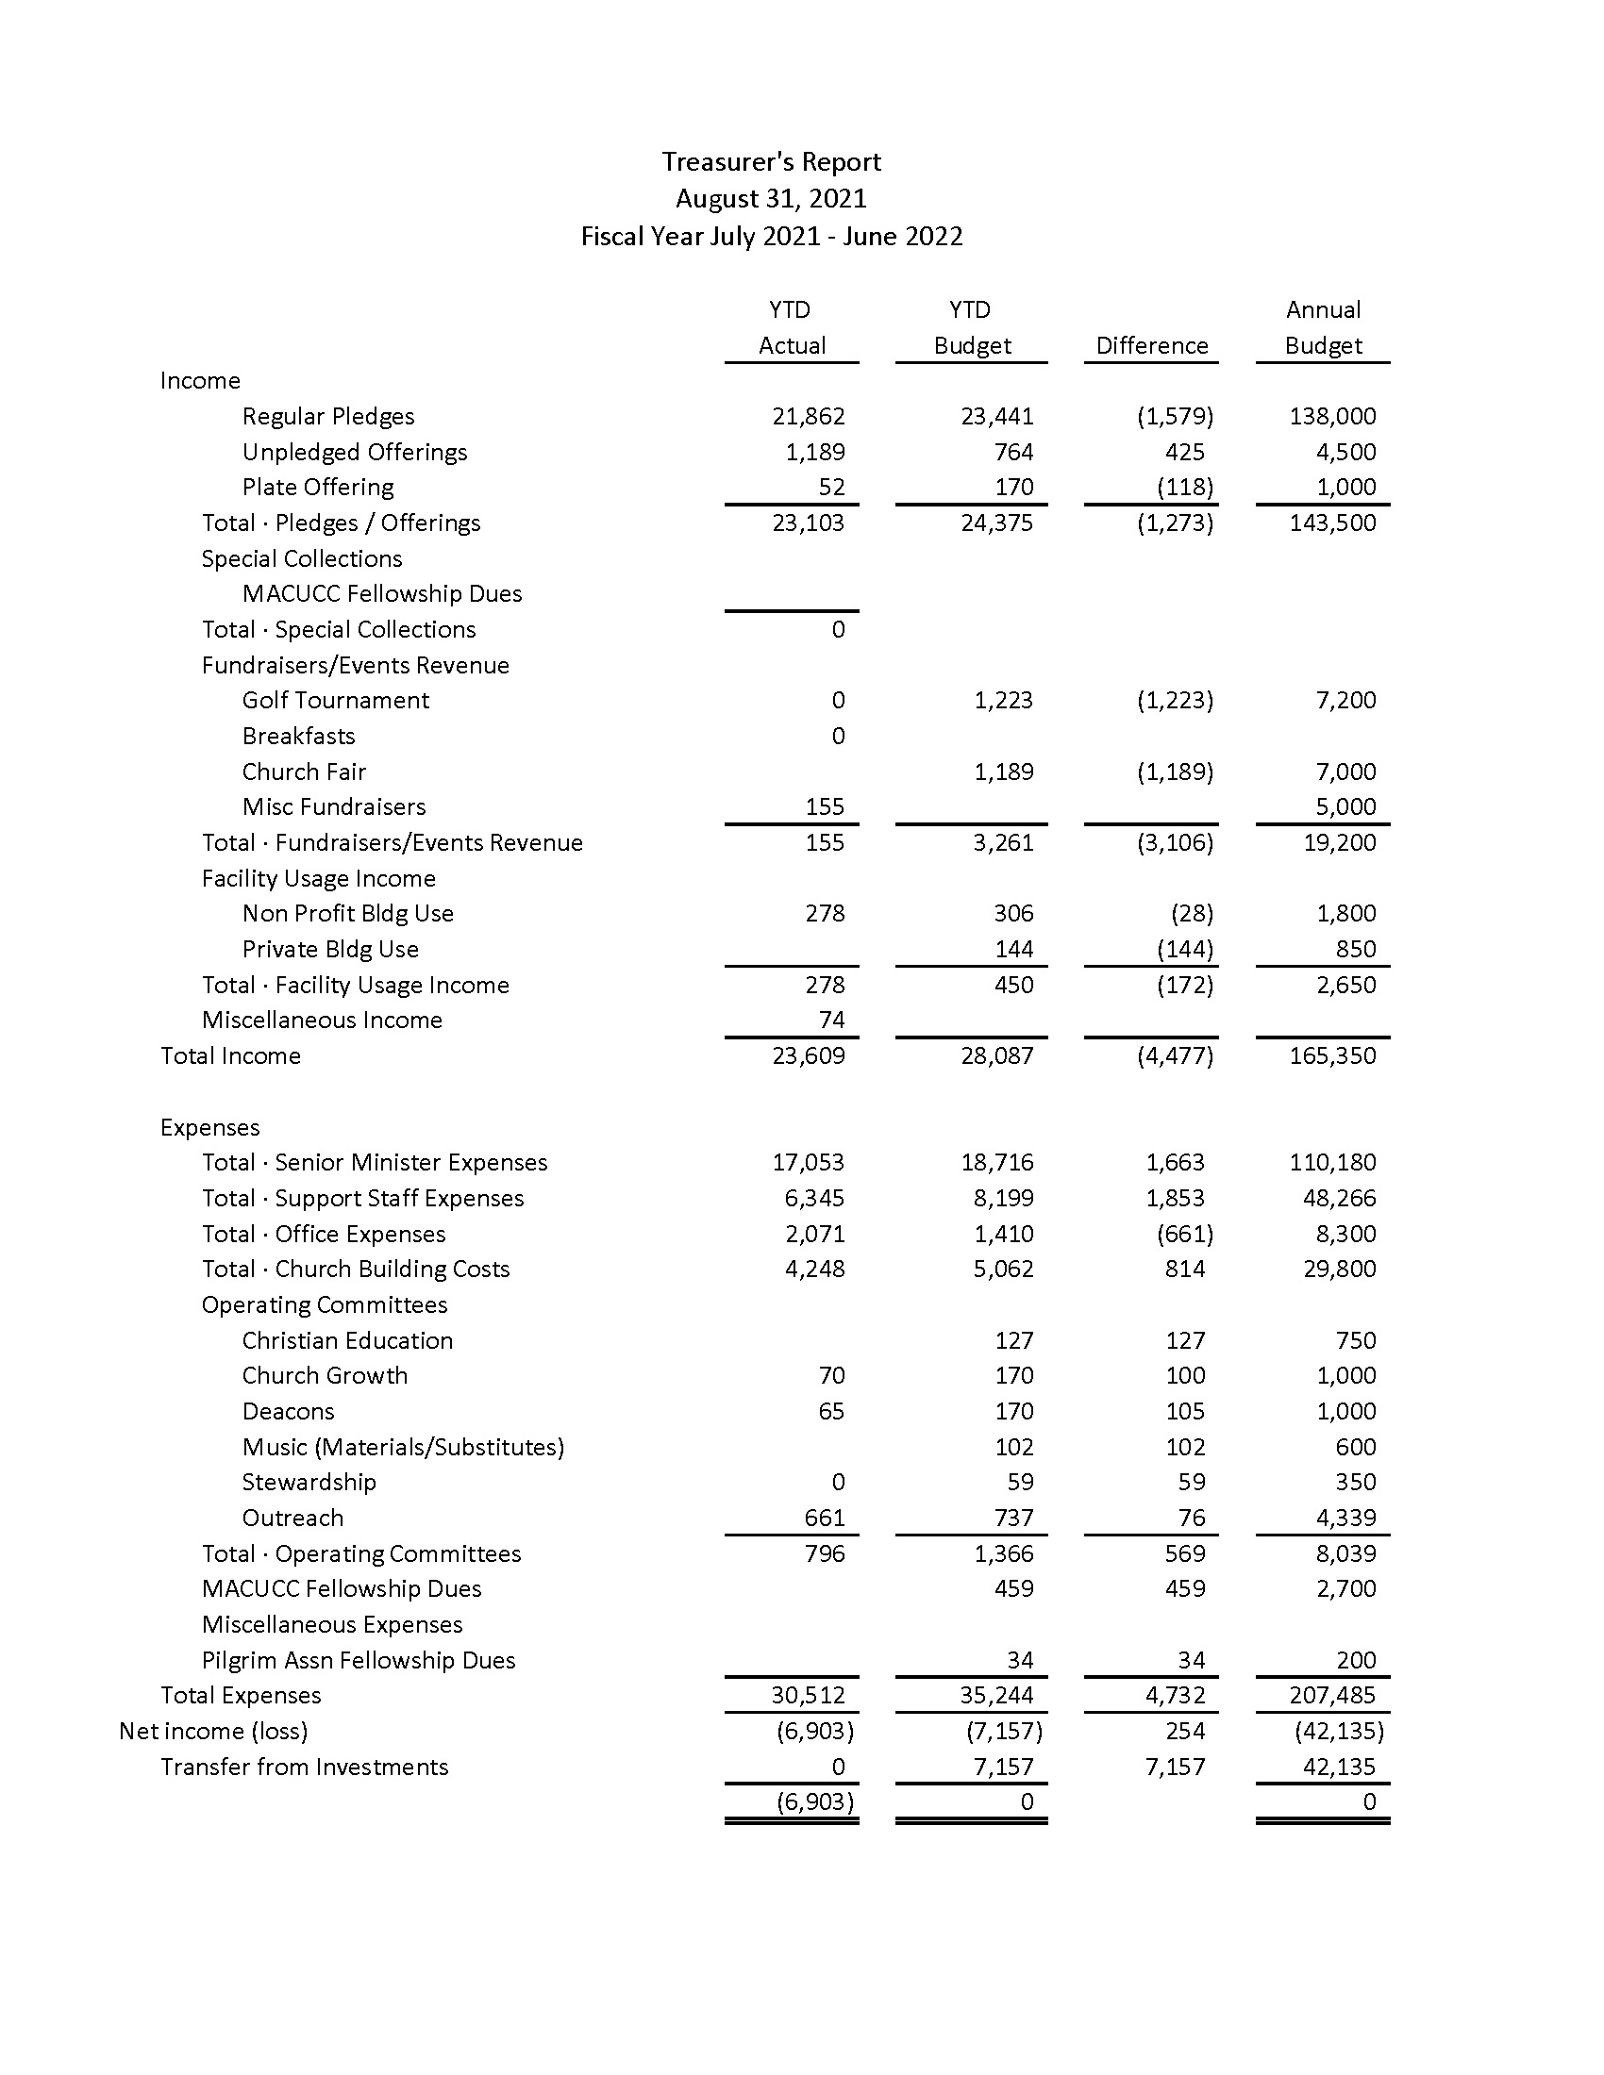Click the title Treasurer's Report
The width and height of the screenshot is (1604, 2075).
click(x=771, y=162)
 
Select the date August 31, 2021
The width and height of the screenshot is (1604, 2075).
click(x=771, y=199)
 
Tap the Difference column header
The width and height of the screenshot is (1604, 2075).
click(x=1152, y=346)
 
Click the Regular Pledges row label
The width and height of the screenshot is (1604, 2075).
click(x=327, y=416)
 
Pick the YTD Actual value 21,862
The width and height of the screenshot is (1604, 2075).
click(x=808, y=416)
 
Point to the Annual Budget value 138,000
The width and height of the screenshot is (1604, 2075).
click(x=1332, y=416)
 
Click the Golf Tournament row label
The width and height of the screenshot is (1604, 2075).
click(x=336, y=700)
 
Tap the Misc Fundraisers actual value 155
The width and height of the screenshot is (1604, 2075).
click(x=824, y=806)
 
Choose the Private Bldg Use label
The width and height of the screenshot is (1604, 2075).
click(x=329, y=949)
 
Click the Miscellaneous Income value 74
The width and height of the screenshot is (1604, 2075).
click(x=831, y=1020)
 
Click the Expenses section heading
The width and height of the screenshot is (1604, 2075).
click(x=210, y=1128)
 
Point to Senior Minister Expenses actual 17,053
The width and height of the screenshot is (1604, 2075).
click(x=808, y=1162)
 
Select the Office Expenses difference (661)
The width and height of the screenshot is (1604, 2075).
click(x=1184, y=1235)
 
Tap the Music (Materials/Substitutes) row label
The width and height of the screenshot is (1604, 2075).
click(x=403, y=1447)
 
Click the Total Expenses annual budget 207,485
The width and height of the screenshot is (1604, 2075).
click(x=1332, y=1695)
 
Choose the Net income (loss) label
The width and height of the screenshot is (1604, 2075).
click(x=213, y=1731)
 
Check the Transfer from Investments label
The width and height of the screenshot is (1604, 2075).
click(x=304, y=1768)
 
